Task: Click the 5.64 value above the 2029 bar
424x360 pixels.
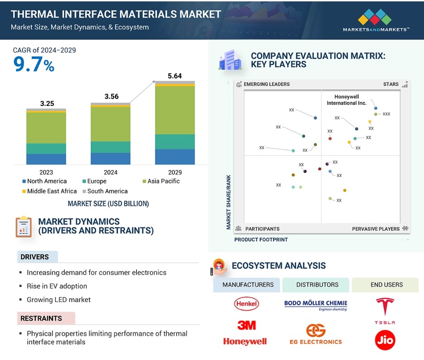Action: pyautogui.click(x=175, y=76)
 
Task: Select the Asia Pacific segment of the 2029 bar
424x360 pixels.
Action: pyautogui.click(x=175, y=110)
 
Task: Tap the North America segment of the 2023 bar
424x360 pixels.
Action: pyautogui.click(x=46, y=159)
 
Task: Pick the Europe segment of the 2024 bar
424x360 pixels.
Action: pyautogui.click(x=111, y=147)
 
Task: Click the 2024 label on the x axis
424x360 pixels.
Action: pyautogui.click(x=111, y=173)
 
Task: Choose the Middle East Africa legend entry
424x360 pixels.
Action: pyautogui.click(x=49, y=191)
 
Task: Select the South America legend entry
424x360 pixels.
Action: pyautogui.click(x=105, y=191)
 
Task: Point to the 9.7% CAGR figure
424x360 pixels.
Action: pyautogui.click(x=34, y=65)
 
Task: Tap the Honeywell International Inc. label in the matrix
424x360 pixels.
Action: pyautogui.click(x=347, y=100)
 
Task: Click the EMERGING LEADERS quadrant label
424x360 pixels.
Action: pyautogui.click(x=267, y=84)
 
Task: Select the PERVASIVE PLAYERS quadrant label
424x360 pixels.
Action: pyautogui.click(x=376, y=229)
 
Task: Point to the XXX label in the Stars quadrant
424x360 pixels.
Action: pyautogui.click(x=386, y=114)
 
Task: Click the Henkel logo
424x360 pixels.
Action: pyautogui.click(x=246, y=303)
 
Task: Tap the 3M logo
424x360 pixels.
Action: pyautogui.click(x=246, y=325)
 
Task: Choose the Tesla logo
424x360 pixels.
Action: pyautogui.click(x=385, y=311)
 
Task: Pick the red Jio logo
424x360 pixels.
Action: pyautogui.click(x=385, y=340)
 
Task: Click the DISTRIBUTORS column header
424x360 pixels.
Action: pyautogui.click(x=317, y=284)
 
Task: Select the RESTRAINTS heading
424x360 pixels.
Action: pyautogui.click(x=41, y=318)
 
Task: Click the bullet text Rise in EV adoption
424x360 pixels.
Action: pyautogui.click(x=57, y=286)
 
